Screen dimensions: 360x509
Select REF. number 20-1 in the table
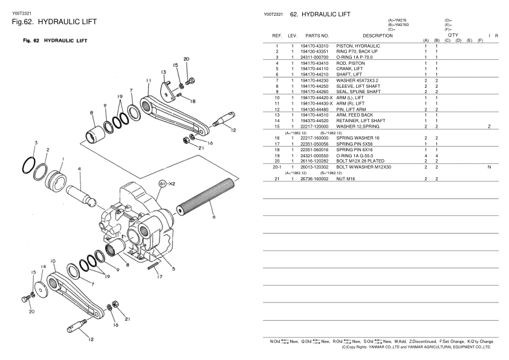coord(276,166)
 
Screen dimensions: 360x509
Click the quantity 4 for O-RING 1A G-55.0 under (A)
coord(426,155)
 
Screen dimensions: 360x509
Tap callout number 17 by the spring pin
coord(160,278)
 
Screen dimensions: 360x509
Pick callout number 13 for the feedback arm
coord(163,73)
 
